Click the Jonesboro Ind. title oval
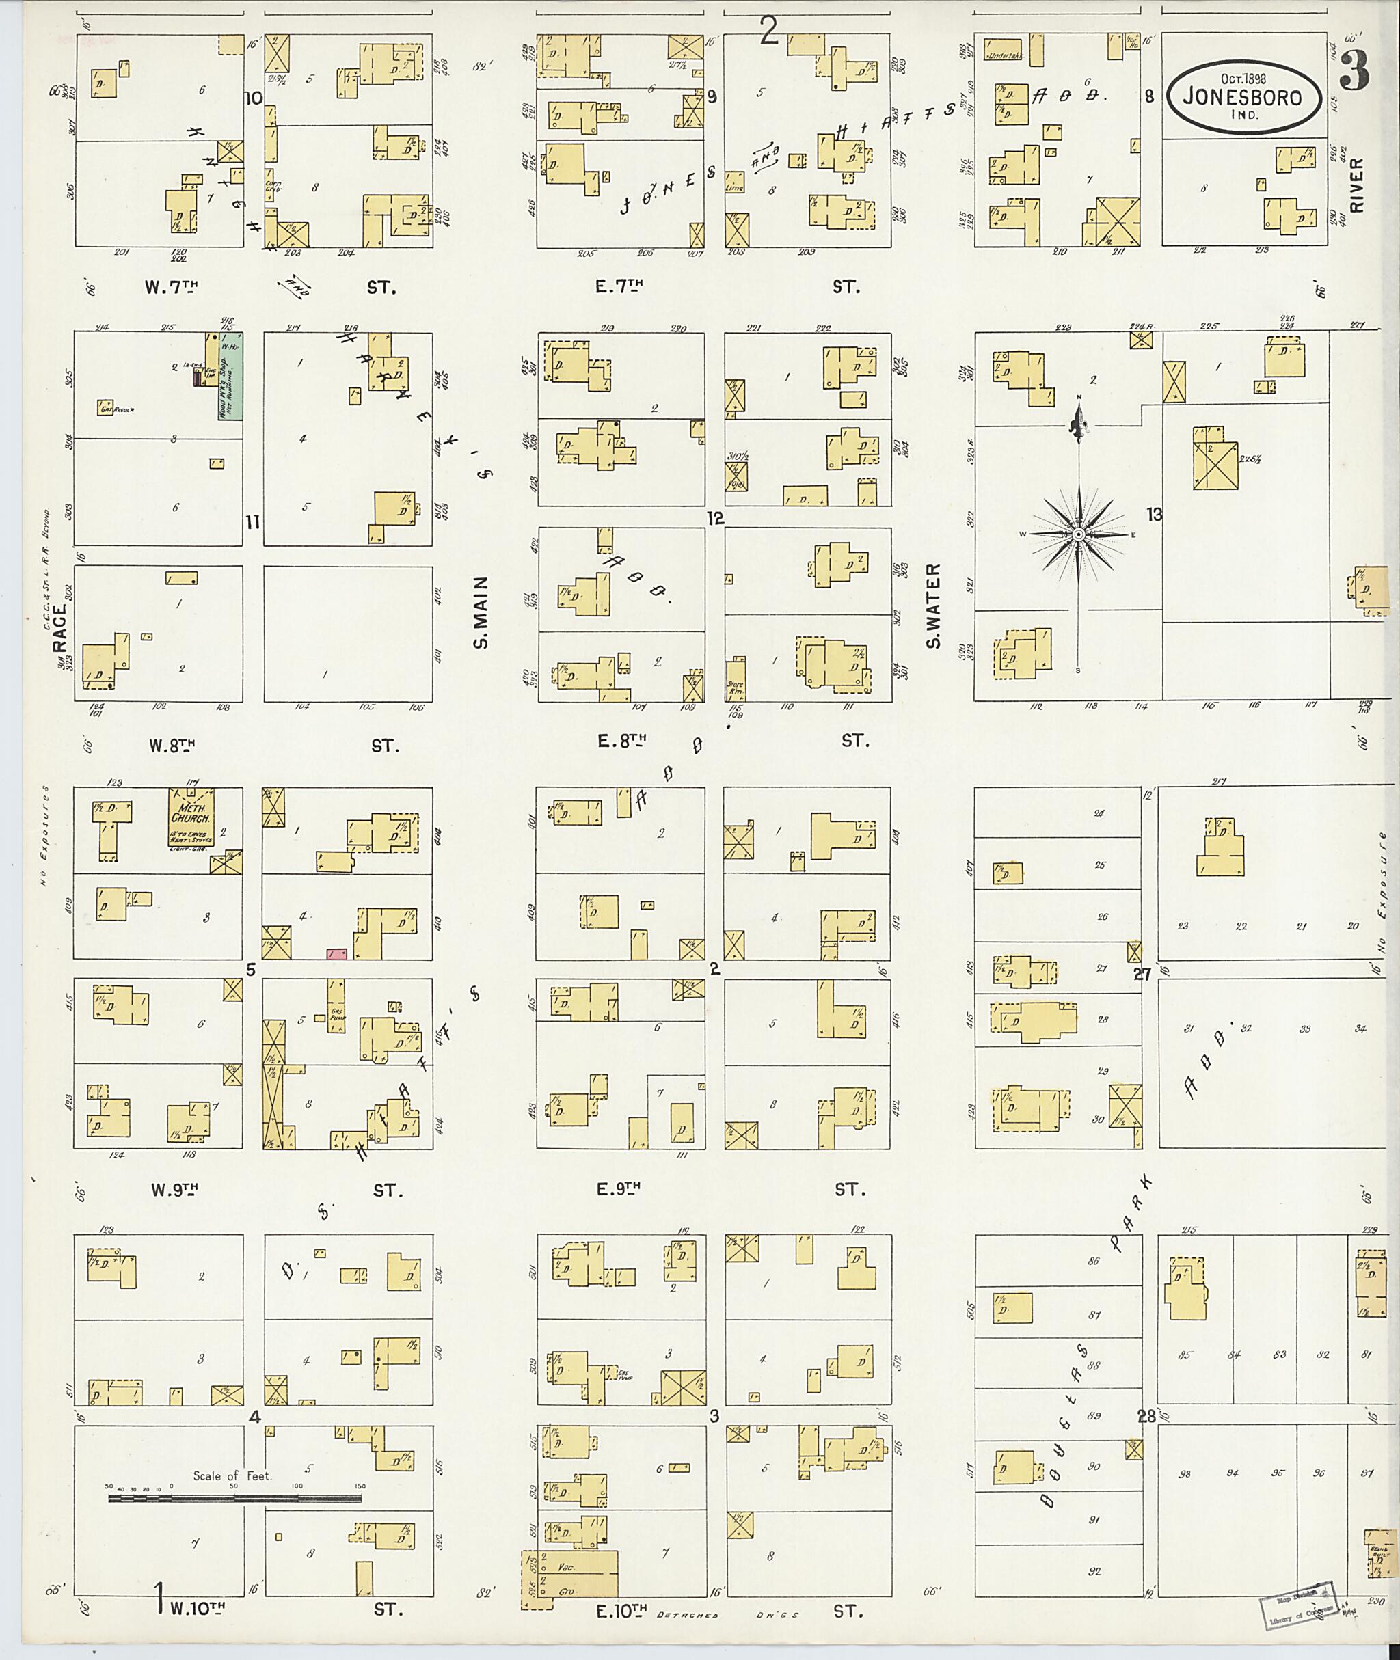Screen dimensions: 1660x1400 click(x=1243, y=99)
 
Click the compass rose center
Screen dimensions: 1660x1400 click(x=1079, y=535)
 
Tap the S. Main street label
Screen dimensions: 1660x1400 click(x=481, y=612)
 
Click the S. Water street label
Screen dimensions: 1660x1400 click(x=933, y=606)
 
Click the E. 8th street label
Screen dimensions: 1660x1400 click(x=621, y=741)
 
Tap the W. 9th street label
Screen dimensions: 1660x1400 click(x=172, y=1188)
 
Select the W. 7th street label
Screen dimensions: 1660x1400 click(x=171, y=287)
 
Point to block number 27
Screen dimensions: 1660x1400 click(x=1142, y=974)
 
